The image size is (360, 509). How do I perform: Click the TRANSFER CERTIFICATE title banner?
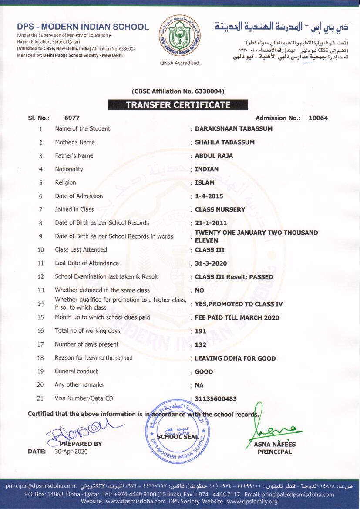[178, 105]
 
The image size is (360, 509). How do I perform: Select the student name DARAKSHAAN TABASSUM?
[233, 128]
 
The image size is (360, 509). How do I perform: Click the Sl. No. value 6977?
[72, 118]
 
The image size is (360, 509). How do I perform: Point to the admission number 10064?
[318, 118]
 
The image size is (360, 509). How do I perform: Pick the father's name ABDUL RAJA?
[214, 155]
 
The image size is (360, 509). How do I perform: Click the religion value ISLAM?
[205, 182]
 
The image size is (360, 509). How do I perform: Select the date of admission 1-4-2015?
[209, 196]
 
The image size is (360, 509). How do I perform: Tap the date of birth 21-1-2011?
[211, 223]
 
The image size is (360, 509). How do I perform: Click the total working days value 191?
[200, 331]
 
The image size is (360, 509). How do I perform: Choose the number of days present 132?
[200, 344]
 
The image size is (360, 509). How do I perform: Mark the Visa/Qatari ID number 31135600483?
[215, 398]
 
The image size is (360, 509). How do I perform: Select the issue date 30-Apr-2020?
[71, 452]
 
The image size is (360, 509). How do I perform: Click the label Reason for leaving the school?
[94, 358]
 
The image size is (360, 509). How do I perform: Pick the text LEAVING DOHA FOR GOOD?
[235, 358]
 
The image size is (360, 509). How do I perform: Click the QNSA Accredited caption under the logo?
[180, 63]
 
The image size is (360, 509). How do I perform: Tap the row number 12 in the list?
[41, 276]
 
